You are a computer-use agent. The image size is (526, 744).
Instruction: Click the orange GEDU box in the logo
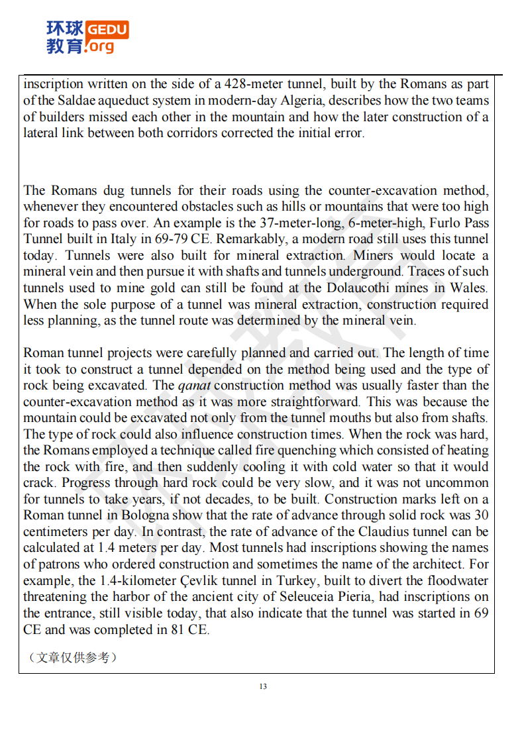point(108,30)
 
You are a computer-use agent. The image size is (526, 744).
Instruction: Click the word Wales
point(470,288)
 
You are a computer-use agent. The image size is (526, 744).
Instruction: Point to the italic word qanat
point(194,386)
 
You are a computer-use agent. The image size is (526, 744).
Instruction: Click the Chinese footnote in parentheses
point(72,657)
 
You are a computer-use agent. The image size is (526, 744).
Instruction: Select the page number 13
point(263,686)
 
